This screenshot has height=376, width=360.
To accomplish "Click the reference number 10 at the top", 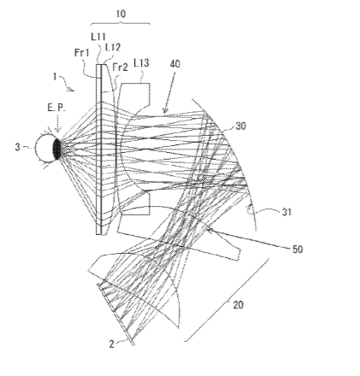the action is (x=121, y=14).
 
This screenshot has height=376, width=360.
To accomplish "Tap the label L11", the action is (x=98, y=37).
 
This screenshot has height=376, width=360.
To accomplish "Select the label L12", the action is (x=113, y=47).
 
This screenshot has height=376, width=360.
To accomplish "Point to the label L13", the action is (x=141, y=62).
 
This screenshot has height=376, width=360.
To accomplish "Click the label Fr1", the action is (x=82, y=52).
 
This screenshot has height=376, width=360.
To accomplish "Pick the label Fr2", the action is (x=120, y=68).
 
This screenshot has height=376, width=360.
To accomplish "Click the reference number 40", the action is (x=175, y=64).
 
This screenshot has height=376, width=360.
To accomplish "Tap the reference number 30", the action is (x=240, y=126).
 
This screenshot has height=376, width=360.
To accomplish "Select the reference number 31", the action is (x=286, y=212).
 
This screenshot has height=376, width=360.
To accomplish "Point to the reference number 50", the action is (x=298, y=250).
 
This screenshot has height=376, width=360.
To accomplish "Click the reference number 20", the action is (x=239, y=305).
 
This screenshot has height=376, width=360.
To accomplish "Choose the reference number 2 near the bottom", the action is (x=112, y=344).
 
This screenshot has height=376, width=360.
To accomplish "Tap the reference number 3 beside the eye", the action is (x=18, y=147).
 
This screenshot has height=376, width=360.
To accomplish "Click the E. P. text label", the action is (x=56, y=109).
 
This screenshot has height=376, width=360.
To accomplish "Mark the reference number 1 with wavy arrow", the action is (x=55, y=76).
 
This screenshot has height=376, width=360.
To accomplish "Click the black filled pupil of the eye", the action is (x=57, y=149).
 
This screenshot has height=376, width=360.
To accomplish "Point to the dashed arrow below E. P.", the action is (x=58, y=123).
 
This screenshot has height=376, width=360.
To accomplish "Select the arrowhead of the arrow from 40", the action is (x=165, y=111).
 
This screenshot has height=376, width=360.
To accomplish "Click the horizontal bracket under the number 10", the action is (x=121, y=23).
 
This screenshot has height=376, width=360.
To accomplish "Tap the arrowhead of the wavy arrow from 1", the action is (x=72, y=90).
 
